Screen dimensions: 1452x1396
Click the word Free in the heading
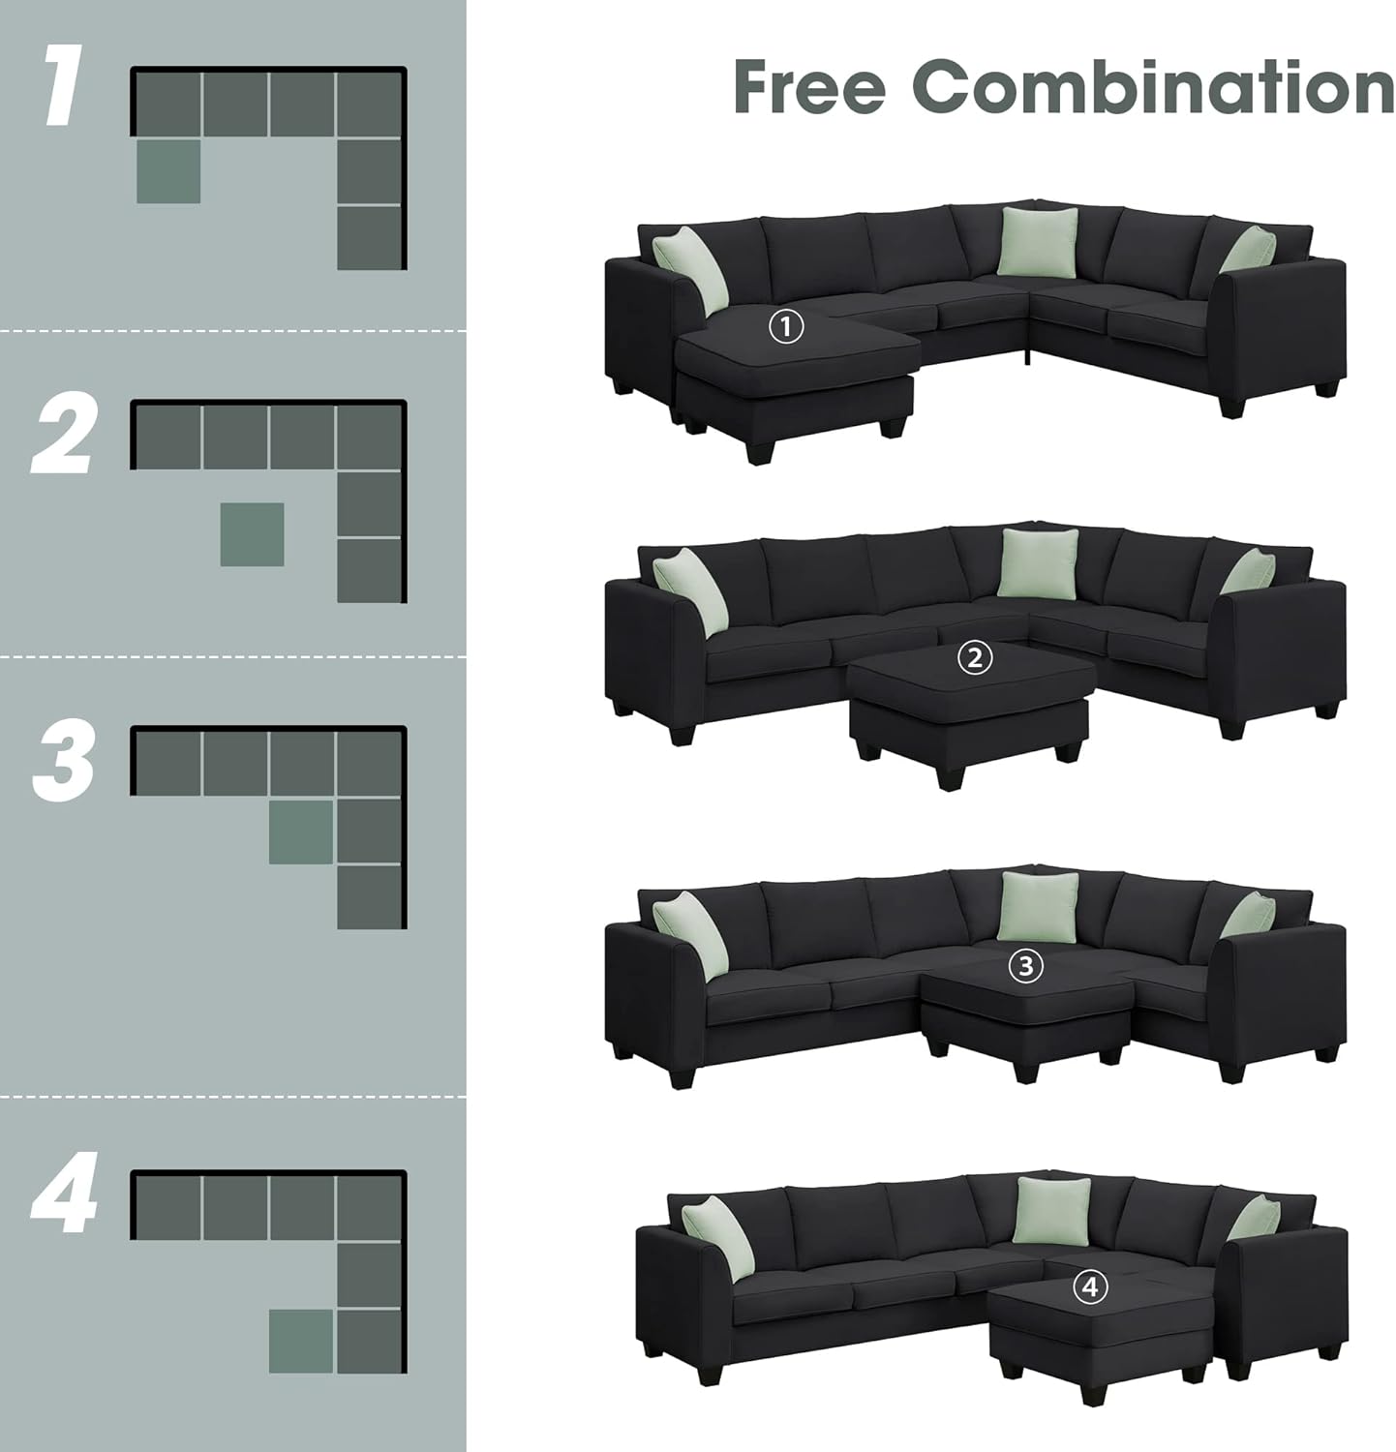[809, 86]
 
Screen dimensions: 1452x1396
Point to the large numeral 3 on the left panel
[64, 764]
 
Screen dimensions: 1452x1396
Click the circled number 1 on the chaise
[786, 326]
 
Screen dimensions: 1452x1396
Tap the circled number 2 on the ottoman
[974, 658]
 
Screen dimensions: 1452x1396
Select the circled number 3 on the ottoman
[1025, 965]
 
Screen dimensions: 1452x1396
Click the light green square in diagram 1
[168, 171]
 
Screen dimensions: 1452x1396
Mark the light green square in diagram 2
[252, 533]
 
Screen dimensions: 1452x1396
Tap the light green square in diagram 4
[301, 1341]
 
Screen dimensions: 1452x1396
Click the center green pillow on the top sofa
[1038, 241]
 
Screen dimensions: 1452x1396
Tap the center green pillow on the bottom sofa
[1052, 1210]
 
